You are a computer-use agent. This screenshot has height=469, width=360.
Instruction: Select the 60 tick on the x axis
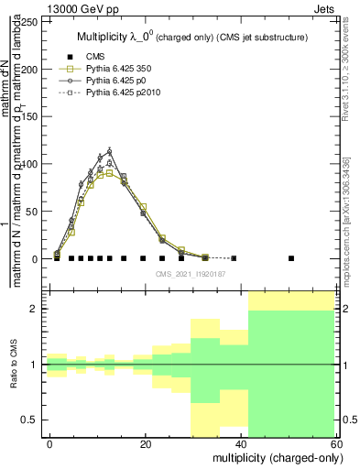(338, 443)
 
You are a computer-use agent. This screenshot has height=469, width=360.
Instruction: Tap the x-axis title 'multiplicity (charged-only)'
(278, 456)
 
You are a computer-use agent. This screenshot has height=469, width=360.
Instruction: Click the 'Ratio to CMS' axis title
(14, 365)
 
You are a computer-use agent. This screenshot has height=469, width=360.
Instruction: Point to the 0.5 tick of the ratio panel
(33, 420)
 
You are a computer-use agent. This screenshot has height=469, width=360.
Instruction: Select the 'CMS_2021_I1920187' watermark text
(190, 274)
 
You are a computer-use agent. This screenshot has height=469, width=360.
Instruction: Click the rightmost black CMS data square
(291, 258)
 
